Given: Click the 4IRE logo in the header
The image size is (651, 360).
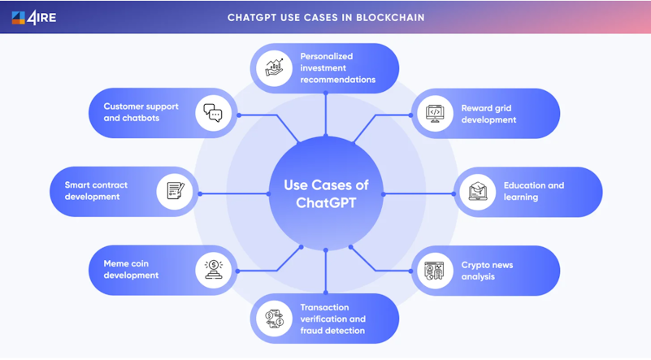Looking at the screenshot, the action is coord(34,17).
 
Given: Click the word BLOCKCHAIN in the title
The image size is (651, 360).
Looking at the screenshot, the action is coord(390,18).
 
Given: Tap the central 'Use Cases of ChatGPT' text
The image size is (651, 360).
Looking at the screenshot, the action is coord(326,194).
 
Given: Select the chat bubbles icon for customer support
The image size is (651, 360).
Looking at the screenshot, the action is coord(213,113).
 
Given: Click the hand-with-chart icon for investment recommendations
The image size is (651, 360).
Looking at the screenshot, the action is coord(274,67).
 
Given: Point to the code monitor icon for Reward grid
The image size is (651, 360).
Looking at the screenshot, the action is coord(435,113).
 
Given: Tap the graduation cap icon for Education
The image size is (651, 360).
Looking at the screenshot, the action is coord(477,192).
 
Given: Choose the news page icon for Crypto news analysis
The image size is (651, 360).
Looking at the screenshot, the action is coord(434,271).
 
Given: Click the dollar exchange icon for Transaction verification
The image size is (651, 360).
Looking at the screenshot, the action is coord(275,319).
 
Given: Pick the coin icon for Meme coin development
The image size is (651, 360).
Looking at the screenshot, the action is coord(214,270).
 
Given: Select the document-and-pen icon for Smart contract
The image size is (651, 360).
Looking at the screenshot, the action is coord(176,191).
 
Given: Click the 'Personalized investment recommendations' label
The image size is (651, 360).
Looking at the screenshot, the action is coord(338,67).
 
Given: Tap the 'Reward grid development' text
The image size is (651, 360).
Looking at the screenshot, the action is coord(488,114).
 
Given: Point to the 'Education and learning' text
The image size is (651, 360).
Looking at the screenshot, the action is coord(534,191).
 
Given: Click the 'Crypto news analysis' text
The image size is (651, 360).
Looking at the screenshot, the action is coord(487,271).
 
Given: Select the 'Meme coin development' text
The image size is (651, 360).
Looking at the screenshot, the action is coord(131,269).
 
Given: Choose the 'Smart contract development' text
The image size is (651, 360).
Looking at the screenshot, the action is coord(96,191).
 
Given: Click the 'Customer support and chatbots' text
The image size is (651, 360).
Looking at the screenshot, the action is coord(141,112).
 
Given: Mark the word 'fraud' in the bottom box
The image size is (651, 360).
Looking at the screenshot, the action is coord(311,331).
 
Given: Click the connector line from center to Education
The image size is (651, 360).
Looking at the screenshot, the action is coord(418,194).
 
